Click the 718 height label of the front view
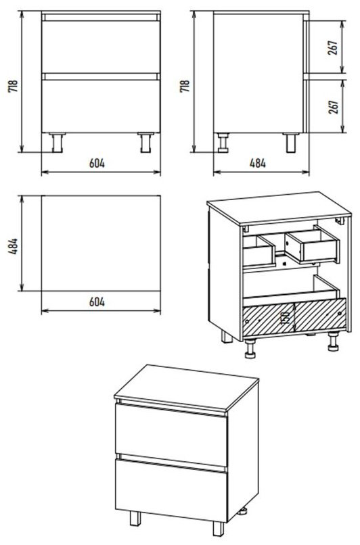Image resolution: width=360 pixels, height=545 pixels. [x=13, y=86]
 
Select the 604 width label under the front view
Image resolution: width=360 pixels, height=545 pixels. [x=97, y=163]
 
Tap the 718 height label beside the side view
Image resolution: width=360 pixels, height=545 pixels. [x=185, y=86]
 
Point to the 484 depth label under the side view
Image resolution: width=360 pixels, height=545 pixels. [x=258, y=163]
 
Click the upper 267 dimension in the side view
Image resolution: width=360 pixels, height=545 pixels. [x=333, y=48]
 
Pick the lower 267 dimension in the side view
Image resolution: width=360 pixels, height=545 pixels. [x=333, y=107]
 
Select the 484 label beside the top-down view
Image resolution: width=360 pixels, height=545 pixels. [x=13, y=246]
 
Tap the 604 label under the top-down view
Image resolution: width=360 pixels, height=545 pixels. [x=97, y=302]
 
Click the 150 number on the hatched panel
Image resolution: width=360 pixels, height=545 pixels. [x=286, y=317]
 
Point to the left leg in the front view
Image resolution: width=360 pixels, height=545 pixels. [x=57, y=142]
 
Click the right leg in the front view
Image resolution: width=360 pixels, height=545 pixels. [x=145, y=142]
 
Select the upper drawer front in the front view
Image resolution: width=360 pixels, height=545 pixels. [x=101, y=47]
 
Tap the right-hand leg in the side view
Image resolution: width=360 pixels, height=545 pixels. [x=291, y=143]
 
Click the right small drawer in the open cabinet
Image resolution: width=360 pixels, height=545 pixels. [x=313, y=245]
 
